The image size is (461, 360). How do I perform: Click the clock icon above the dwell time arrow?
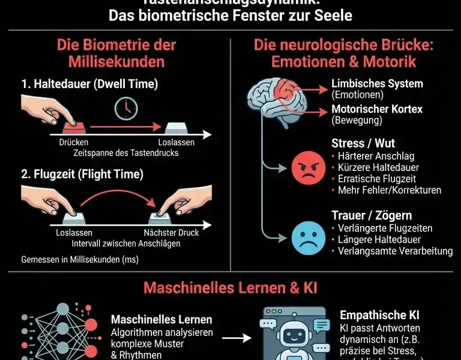tap(127, 108)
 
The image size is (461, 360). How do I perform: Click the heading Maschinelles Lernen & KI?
tap(230, 287)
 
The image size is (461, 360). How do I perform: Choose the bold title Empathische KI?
tap(379, 315)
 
